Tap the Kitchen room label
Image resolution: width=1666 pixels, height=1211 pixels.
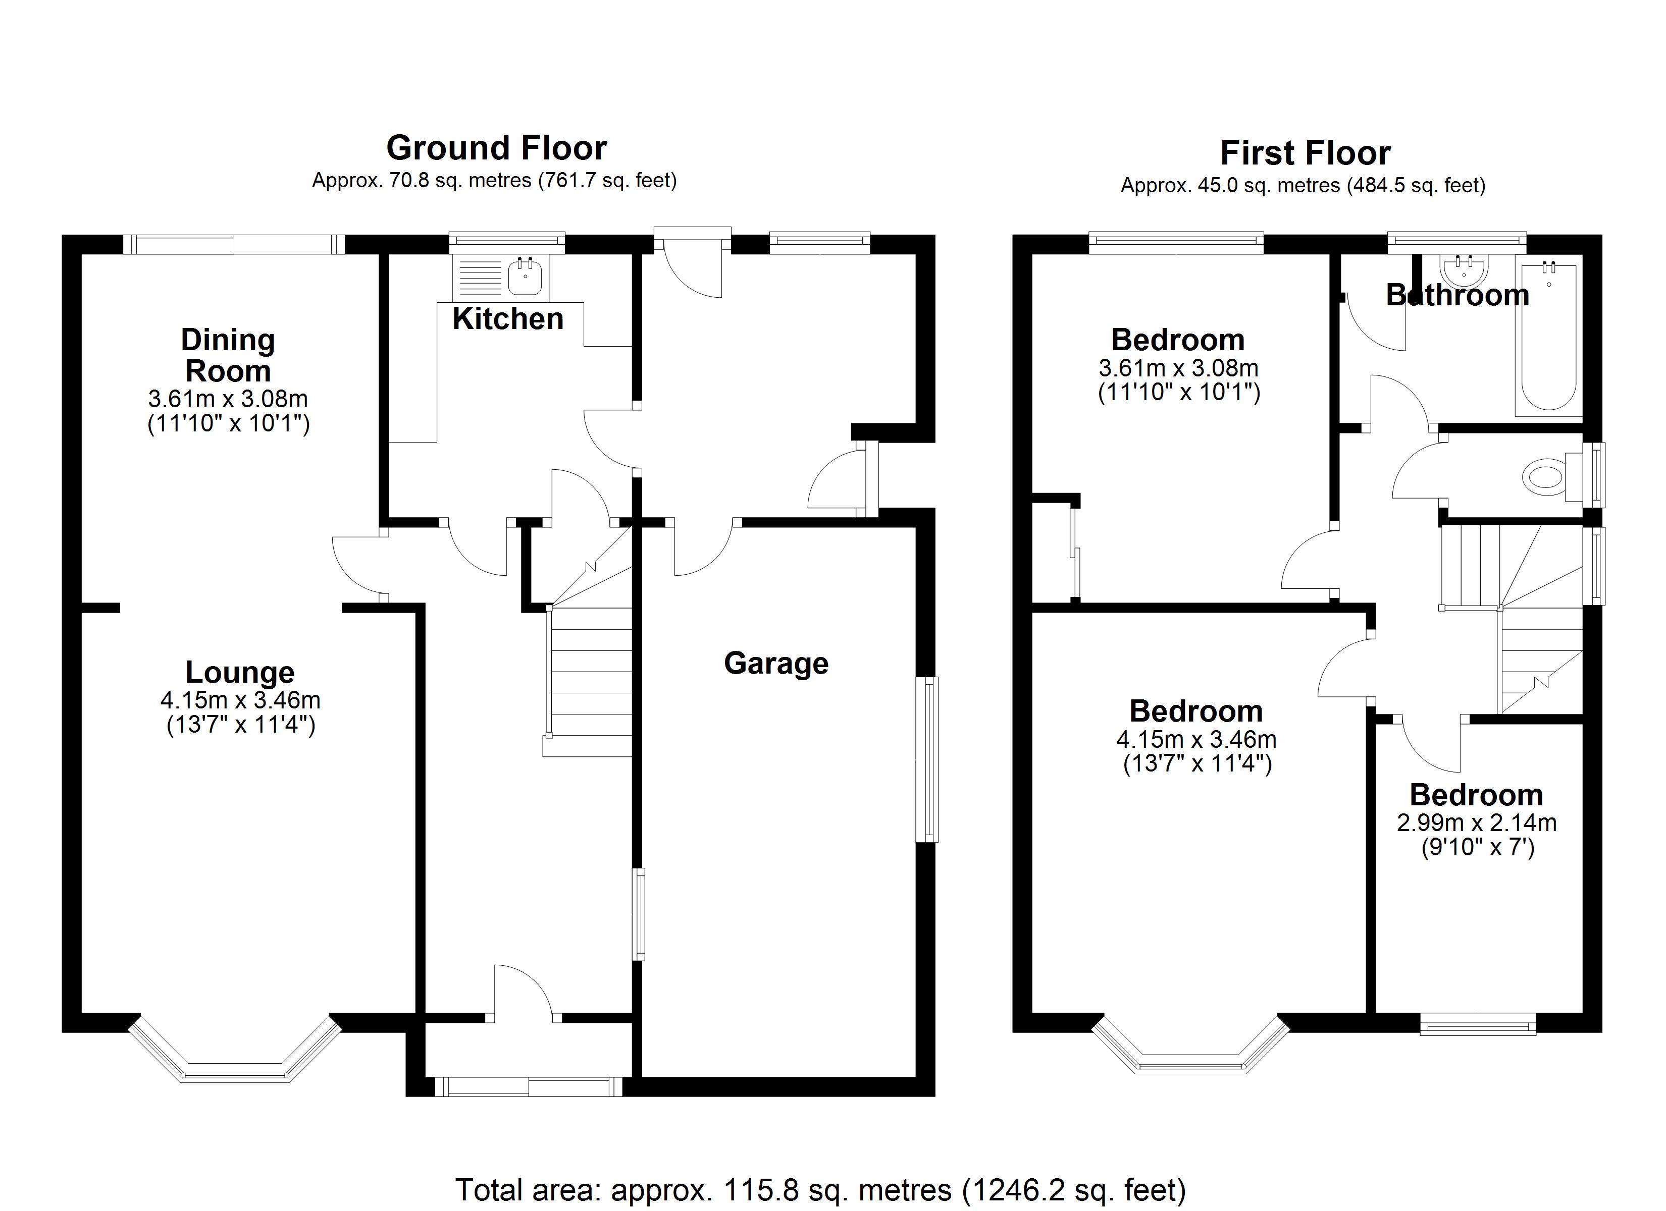pyautogui.click(x=507, y=319)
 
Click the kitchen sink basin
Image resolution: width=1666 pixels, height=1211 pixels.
pyautogui.click(x=525, y=277)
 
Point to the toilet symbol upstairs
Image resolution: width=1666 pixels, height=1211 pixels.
pyautogui.click(x=1543, y=477)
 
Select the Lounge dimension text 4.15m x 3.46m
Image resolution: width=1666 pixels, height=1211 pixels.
pyautogui.click(x=240, y=700)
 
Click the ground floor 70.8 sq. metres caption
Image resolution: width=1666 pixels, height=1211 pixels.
pyautogui.click(x=494, y=181)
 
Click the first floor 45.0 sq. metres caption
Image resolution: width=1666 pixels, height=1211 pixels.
pyautogui.click(x=1303, y=186)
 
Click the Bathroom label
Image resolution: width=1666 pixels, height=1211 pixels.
pyautogui.click(x=1457, y=295)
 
